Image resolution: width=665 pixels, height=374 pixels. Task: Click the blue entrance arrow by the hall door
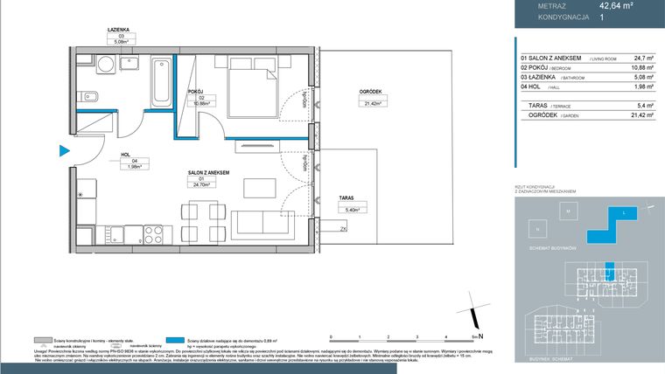tap(64, 150)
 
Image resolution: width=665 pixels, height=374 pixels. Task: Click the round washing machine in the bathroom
tap(103, 64)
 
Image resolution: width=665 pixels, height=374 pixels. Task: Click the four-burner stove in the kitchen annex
tap(151, 234)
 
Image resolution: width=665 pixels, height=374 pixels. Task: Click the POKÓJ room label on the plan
tap(196, 91)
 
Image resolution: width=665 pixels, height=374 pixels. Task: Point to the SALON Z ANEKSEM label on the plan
tap(208, 173)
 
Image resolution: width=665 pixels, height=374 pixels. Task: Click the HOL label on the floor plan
tap(125, 154)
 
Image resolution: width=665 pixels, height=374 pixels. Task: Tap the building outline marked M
tap(568, 212)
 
